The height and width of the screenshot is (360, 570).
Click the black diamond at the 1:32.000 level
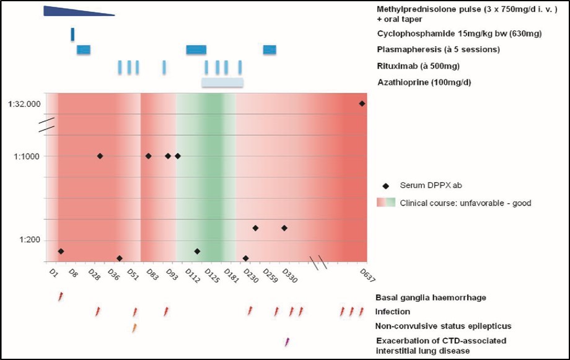[x=362, y=103]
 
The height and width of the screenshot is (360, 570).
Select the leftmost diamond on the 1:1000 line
[x=100, y=156]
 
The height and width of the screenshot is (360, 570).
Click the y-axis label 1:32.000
[x=25, y=104]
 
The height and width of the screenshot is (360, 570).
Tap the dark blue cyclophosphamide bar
[x=72, y=35]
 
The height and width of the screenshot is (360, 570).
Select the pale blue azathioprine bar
[x=222, y=82]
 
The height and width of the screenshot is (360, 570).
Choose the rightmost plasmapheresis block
[x=270, y=50]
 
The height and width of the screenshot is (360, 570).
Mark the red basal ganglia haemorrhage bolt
[x=60, y=297]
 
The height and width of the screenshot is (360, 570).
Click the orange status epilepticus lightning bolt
[x=134, y=327]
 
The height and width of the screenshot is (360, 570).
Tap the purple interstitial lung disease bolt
[x=287, y=341]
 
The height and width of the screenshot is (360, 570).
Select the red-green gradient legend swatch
[x=386, y=203]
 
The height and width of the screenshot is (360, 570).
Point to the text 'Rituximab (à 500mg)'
[x=418, y=66]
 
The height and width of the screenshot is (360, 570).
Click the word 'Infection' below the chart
[x=392, y=312]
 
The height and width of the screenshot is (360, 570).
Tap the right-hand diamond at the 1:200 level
[x=284, y=228]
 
